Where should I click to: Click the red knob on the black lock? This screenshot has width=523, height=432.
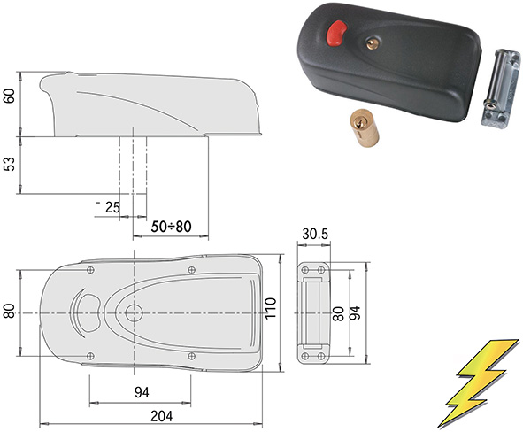click(336, 33)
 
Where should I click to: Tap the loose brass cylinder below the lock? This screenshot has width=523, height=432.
click(365, 128)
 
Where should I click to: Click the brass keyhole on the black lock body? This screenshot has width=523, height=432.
click(373, 43)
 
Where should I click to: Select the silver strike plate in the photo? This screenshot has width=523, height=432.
click(500, 88)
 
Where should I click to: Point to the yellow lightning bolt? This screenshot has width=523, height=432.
click(479, 382)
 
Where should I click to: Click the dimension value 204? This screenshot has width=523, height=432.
click(162, 416)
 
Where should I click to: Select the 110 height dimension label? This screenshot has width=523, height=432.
click(270, 308)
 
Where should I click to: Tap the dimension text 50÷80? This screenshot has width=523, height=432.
click(171, 227)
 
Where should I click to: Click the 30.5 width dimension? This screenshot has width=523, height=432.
click(315, 235)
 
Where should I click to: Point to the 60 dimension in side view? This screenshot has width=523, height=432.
click(9, 96)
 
